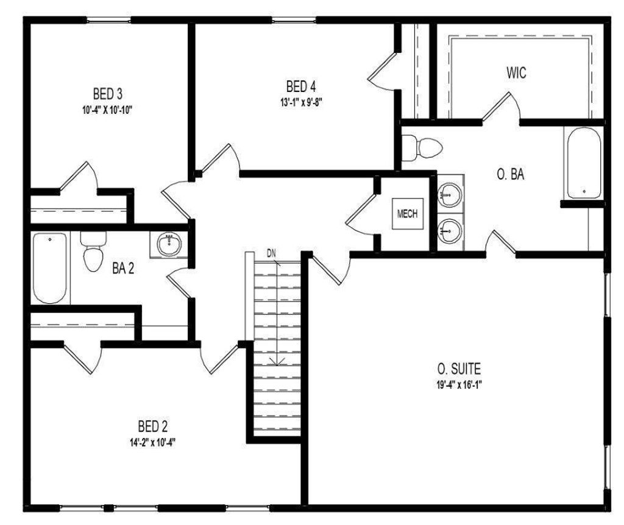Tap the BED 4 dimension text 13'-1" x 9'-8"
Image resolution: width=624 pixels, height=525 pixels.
click(x=300, y=102)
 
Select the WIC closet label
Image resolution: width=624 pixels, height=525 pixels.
click(x=516, y=73)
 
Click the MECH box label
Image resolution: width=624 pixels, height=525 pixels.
click(x=407, y=214)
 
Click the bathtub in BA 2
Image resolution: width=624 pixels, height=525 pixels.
click(x=49, y=268)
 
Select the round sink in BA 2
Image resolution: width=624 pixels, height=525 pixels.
click(x=168, y=245)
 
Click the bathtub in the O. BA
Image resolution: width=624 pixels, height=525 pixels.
click(x=583, y=163)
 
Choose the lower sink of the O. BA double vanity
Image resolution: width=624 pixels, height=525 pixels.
click(x=450, y=230)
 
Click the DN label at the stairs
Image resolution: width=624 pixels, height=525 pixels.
click(x=272, y=253)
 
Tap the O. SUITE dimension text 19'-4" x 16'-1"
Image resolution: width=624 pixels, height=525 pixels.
click(x=459, y=384)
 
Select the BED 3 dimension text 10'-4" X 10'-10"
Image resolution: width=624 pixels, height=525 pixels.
click(x=108, y=110)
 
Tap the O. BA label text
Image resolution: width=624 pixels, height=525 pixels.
click(x=511, y=175)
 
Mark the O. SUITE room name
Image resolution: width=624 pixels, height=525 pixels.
click(x=459, y=368)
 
